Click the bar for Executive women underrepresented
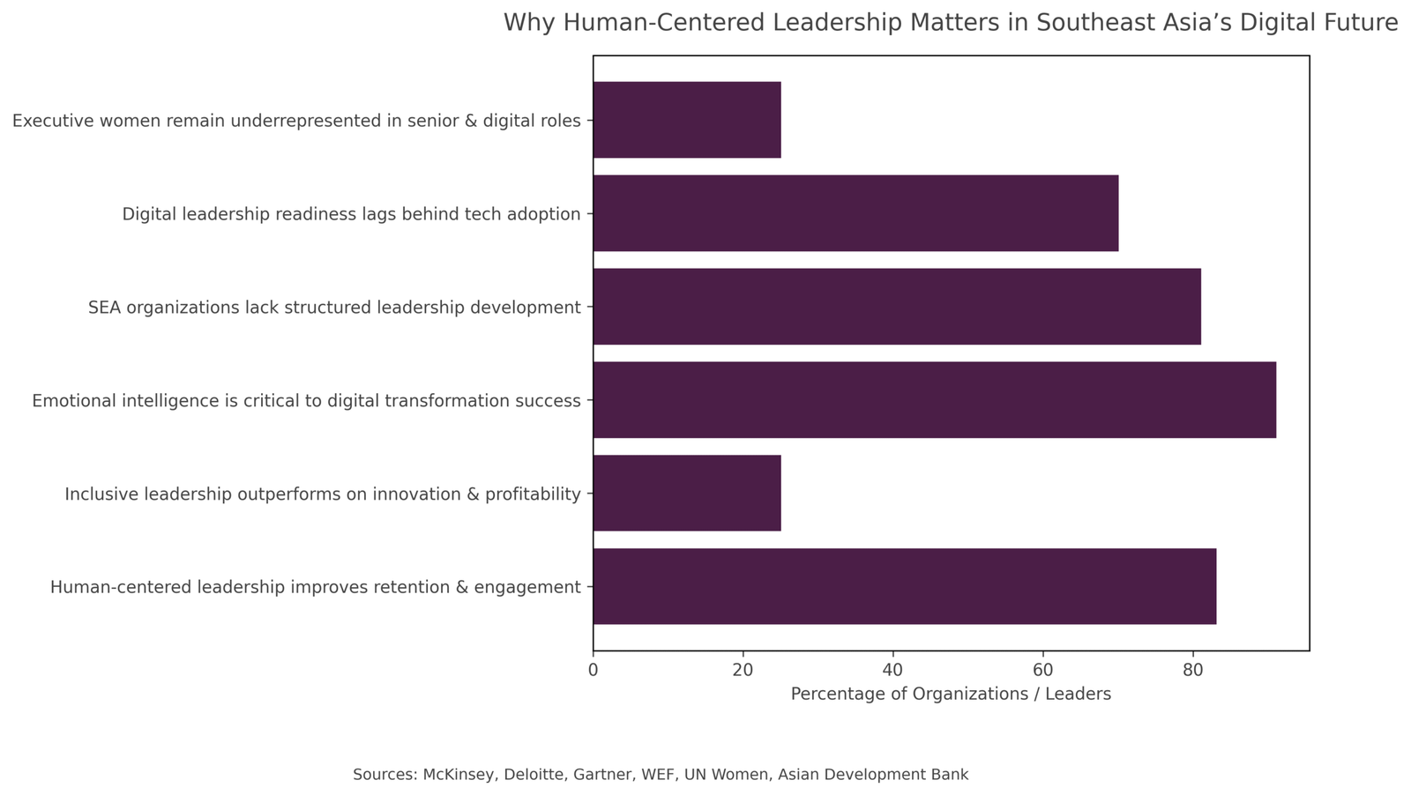click(x=687, y=120)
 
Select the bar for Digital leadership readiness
click(x=855, y=213)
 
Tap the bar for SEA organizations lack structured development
click(x=897, y=307)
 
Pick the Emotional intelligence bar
click(x=934, y=400)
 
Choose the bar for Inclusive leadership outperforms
click(x=687, y=494)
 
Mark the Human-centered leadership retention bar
click(x=905, y=587)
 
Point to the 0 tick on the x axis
click(x=594, y=670)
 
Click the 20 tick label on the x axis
click(x=743, y=670)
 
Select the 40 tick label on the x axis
click(x=893, y=670)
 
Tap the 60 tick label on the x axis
click(x=1043, y=670)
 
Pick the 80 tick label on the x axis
click(x=1193, y=670)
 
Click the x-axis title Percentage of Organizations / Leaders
click(x=951, y=695)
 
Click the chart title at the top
click(x=951, y=23)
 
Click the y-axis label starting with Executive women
click(x=296, y=121)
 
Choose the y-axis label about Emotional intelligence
click(x=306, y=401)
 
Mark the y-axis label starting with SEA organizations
click(x=334, y=308)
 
